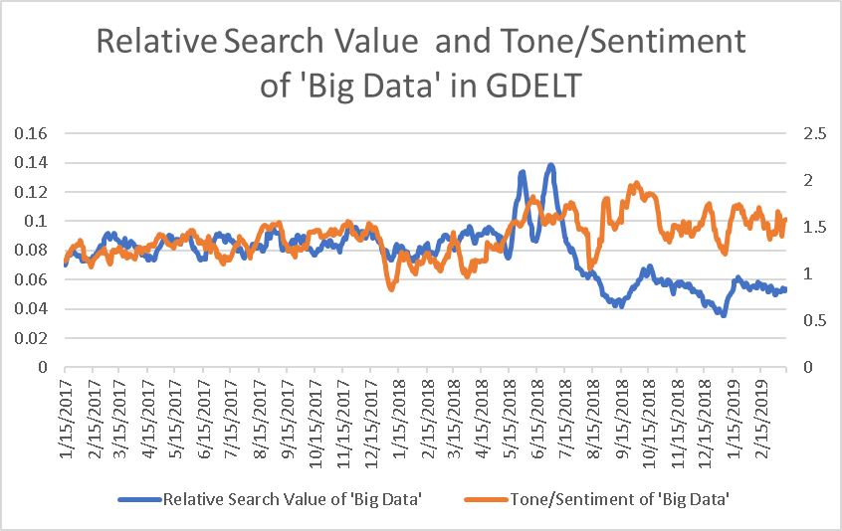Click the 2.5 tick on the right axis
(x=811, y=133)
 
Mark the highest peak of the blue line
(x=550, y=165)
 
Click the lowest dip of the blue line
(x=723, y=314)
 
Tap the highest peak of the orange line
(x=634, y=183)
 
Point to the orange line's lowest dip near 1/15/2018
(x=391, y=289)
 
